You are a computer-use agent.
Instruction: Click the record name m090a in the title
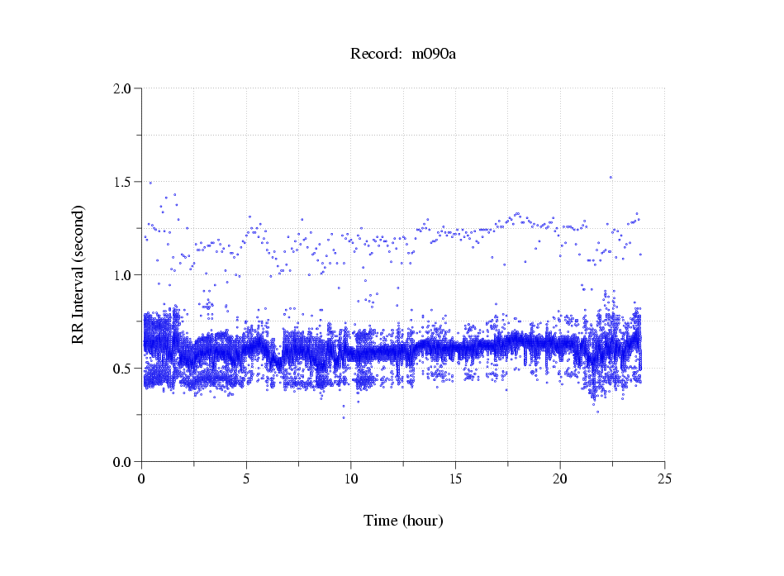[434, 54]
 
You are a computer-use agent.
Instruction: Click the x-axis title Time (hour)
[403, 521]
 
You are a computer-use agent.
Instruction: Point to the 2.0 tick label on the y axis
[123, 88]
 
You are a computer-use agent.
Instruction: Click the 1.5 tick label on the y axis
[123, 182]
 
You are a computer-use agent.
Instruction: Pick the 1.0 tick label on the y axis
[123, 275]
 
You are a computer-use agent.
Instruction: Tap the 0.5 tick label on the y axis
[123, 369]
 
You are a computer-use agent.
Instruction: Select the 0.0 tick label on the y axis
[123, 462]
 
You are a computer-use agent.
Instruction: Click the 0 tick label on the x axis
[142, 478]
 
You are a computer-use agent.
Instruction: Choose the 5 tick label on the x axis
[246, 478]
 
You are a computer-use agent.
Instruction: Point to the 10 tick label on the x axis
[351, 478]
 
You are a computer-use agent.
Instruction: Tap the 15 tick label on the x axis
[455, 478]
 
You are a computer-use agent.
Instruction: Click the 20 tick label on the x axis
[560, 478]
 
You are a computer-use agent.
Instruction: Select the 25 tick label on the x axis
[664, 478]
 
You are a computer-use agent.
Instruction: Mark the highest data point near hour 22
[611, 177]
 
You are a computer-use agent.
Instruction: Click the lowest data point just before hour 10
[344, 417]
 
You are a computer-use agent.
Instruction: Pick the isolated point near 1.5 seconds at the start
[150, 183]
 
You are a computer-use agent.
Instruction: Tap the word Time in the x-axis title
[381, 521]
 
